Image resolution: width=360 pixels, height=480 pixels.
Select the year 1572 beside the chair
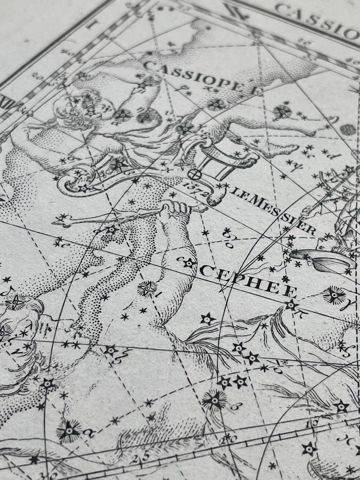196,188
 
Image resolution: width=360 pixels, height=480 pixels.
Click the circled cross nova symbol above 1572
194,174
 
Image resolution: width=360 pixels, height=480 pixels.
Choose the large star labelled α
68,431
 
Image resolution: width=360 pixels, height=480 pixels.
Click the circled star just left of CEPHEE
189,263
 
